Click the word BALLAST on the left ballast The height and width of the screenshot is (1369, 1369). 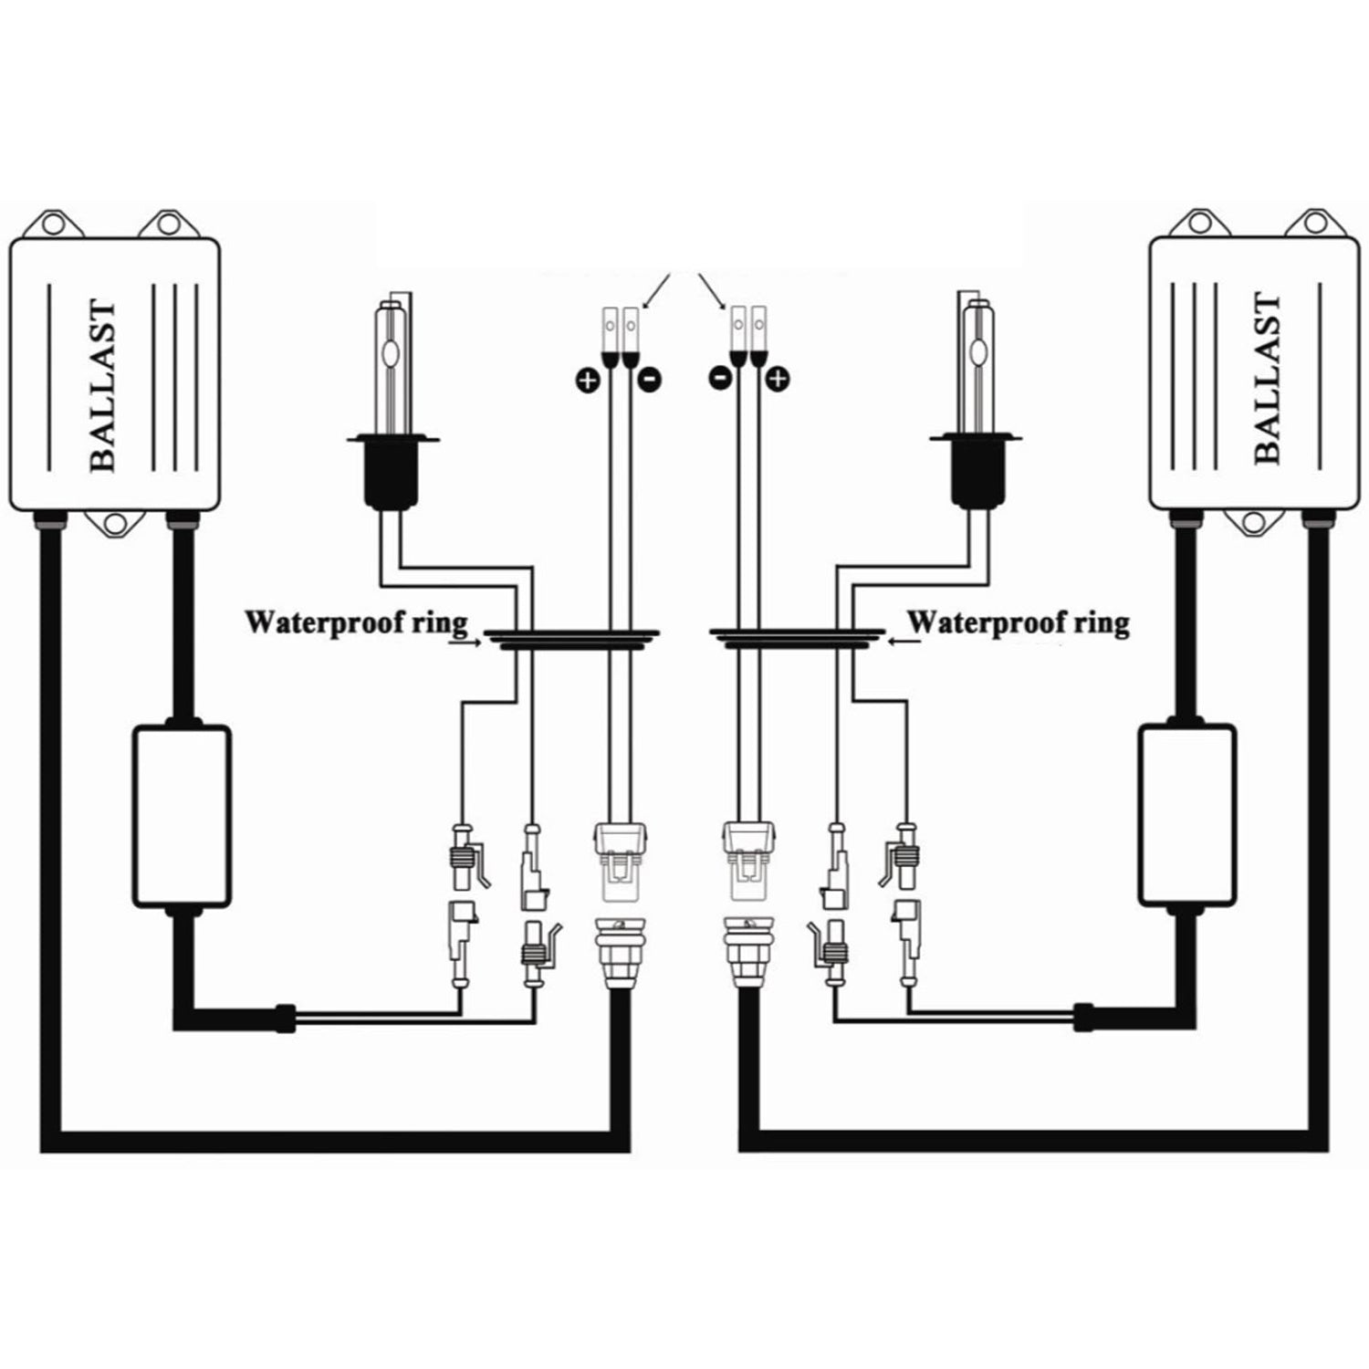[x=104, y=387]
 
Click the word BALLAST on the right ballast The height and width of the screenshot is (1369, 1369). [x=1269, y=380]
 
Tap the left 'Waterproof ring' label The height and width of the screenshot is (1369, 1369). [x=356, y=623]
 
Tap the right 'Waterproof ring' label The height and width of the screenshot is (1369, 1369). [x=1019, y=623]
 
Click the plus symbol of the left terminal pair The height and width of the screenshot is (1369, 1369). [x=587, y=379]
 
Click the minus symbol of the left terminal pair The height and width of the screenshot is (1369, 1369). [x=649, y=379]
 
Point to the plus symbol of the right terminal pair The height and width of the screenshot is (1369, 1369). [x=778, y=377]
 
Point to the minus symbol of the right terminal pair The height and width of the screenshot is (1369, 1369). [x=720, y=377]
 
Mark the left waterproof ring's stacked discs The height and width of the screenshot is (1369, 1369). [x=571, y=639]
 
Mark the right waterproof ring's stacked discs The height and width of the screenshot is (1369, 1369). [x=796, y=639]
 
